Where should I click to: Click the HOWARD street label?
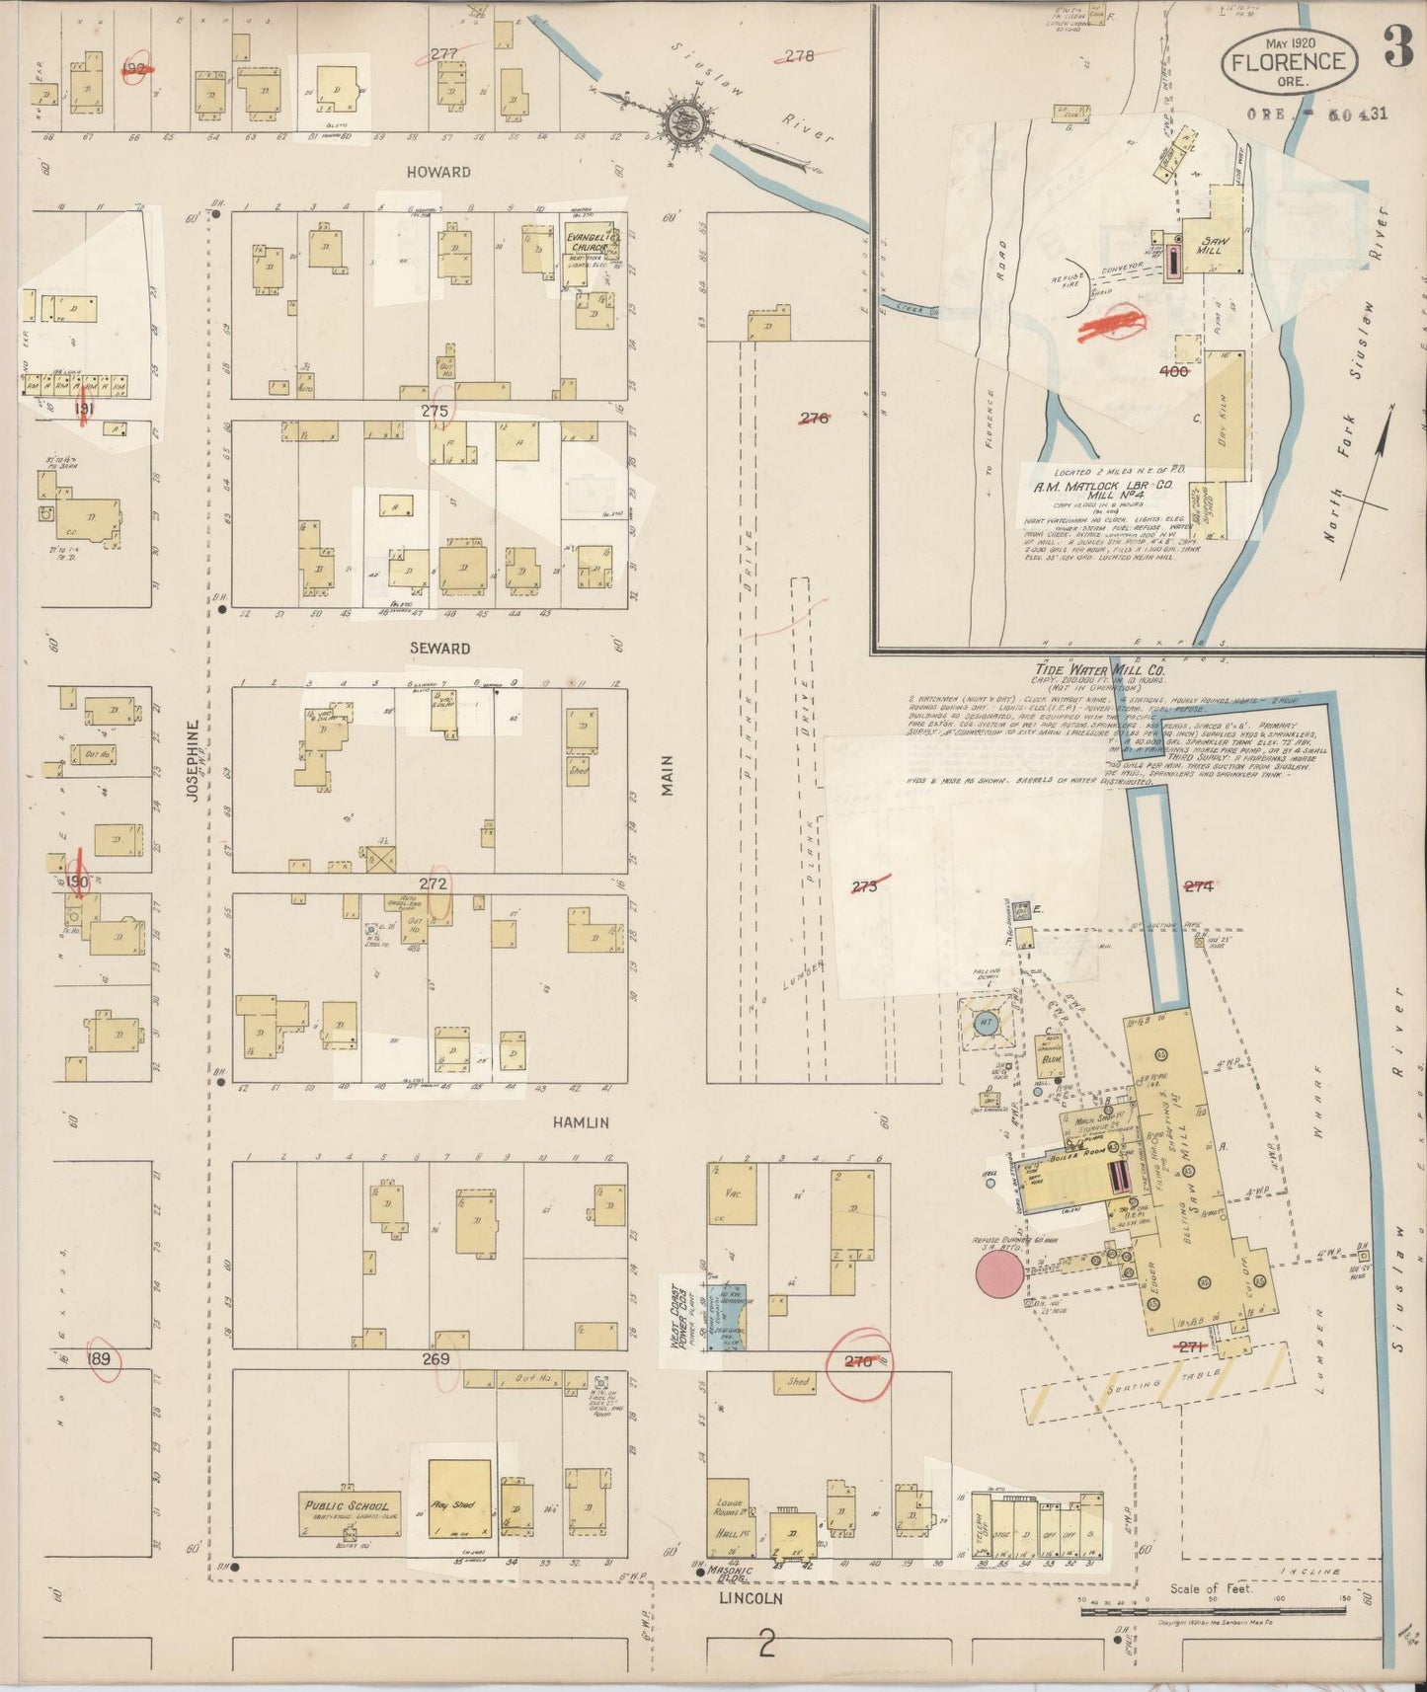(438, 172)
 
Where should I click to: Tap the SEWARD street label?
(439, 649)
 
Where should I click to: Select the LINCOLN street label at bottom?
(751, 1598)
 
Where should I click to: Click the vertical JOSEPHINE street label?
(194, 759)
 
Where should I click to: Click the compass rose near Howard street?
(681, 123)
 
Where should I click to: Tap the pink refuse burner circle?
(999, 1274)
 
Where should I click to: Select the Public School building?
(350, 1513)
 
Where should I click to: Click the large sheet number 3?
(1397, 48)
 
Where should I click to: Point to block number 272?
(434, 884)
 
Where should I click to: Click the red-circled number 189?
(100, 1361)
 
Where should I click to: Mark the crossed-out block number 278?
(798, 56)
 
